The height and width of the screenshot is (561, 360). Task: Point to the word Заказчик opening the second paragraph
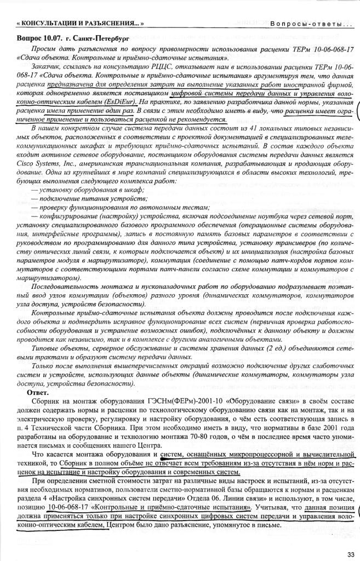pos(45,66)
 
